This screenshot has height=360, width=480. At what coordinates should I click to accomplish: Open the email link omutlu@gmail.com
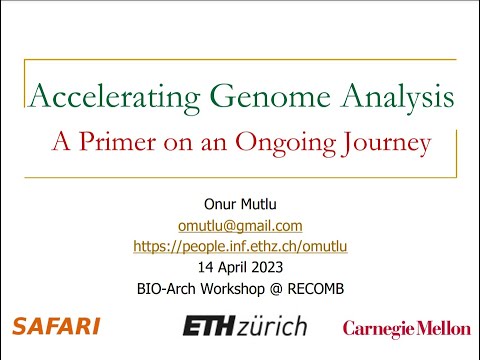pyautogui.click(x=239, y=226)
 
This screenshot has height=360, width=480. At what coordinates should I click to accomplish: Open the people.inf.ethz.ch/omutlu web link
pyautogui.click(x=239, y=246)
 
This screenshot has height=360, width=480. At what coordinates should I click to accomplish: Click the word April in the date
pyautogui.click(x=235, y=266)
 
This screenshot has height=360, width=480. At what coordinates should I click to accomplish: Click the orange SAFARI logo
pyautogui.click(x=55, y=326)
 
